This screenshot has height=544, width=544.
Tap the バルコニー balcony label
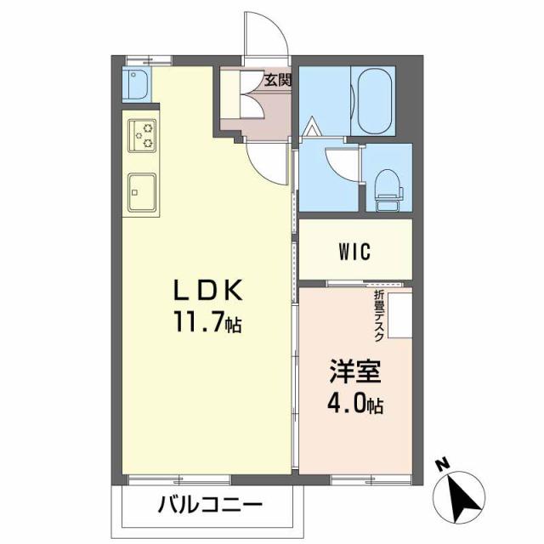[x=209, y=504]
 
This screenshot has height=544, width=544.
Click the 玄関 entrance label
[x=277, y=81]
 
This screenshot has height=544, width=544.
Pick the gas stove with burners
[x=143, y=135]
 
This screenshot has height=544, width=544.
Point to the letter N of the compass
[x=441, y=465]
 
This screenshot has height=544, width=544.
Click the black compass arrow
[x=463, y=497]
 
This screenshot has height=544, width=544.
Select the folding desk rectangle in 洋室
[x=399, y=314]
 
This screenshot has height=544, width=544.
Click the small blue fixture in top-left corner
[x=136, y=83]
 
